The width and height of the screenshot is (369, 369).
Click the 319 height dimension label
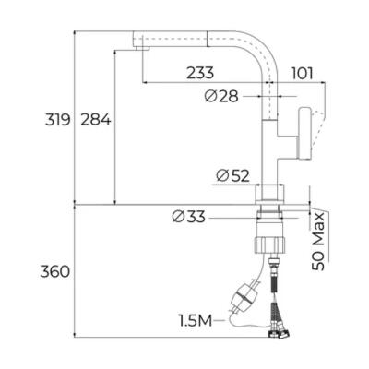point(54,119)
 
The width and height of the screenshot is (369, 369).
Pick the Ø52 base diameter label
point(232,176)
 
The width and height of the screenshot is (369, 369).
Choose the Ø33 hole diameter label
point(189,218)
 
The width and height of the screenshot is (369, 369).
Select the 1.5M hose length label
point(196,320)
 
